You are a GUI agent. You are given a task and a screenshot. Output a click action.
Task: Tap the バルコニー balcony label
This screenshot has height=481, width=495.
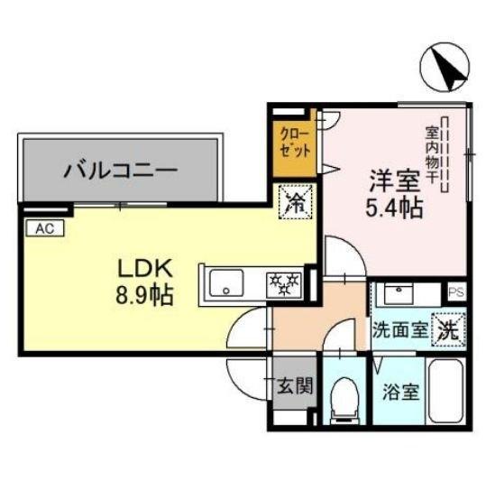[x=120, y=171]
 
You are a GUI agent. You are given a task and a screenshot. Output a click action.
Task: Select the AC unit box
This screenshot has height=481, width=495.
[x=43, y=228]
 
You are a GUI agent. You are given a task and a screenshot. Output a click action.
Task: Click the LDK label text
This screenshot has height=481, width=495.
[x=141, y=269]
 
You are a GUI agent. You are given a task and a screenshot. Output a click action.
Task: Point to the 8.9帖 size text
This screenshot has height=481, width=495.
[x=142, y=294]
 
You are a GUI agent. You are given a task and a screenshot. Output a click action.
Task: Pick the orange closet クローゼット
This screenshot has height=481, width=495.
[x=295, y=142]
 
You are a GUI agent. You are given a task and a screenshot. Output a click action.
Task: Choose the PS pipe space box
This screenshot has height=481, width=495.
[x=456, y=291]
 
